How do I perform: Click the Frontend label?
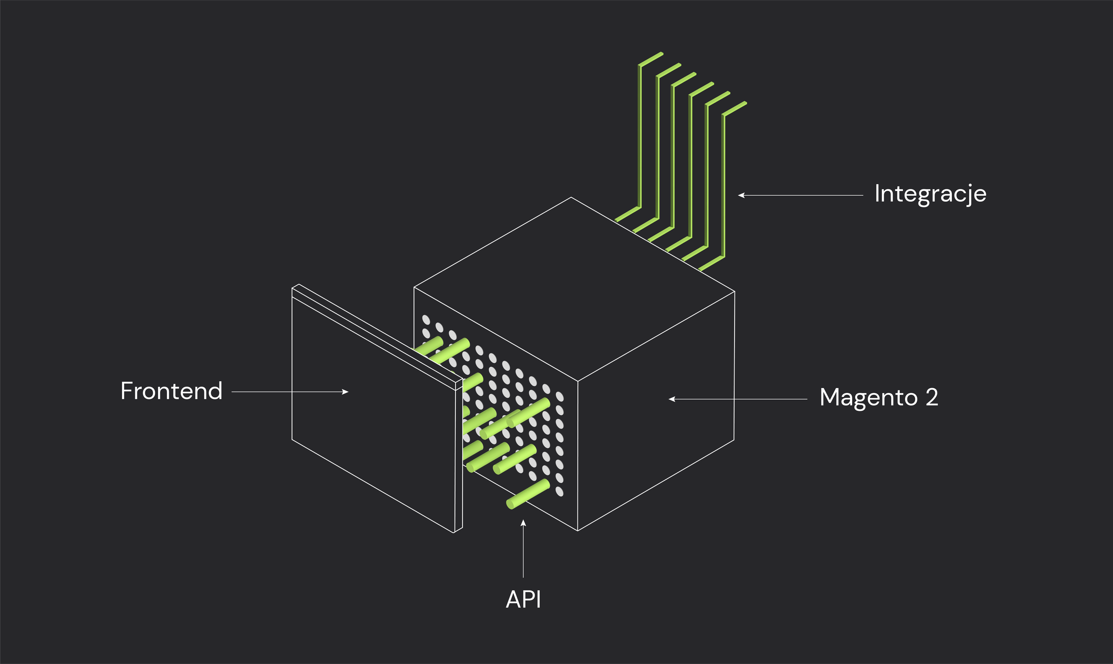point(171,392)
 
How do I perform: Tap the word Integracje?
point(930,194)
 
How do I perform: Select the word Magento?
point(868,397)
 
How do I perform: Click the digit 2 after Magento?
point(932,397)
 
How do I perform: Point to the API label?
point(523,599)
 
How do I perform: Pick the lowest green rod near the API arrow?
point(528,494)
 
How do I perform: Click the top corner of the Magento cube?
point(571,197)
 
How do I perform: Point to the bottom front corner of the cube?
point(578,530)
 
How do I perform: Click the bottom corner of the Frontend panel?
point(454,532)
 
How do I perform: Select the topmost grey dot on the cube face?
point(426,320)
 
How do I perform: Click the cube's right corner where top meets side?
point(735,292)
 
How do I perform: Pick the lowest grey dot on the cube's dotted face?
point(560,491)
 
